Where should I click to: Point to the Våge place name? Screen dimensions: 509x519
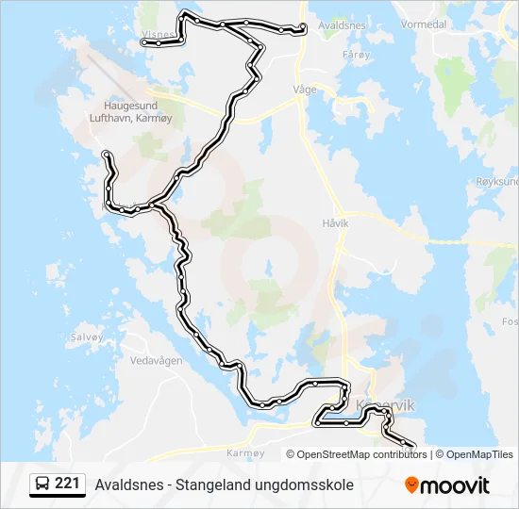[x=305, y=89]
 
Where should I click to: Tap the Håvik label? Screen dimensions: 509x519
[x=335, y=223]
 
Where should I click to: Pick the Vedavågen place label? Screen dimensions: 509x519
[x=157, y=361]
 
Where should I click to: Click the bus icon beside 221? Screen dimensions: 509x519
[x=42, y=484]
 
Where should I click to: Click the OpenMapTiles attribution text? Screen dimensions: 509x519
[x=479, y=454]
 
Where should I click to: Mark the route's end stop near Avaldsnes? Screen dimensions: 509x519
[x=302, y=28]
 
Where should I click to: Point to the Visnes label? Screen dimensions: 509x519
[x=156, y=34]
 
